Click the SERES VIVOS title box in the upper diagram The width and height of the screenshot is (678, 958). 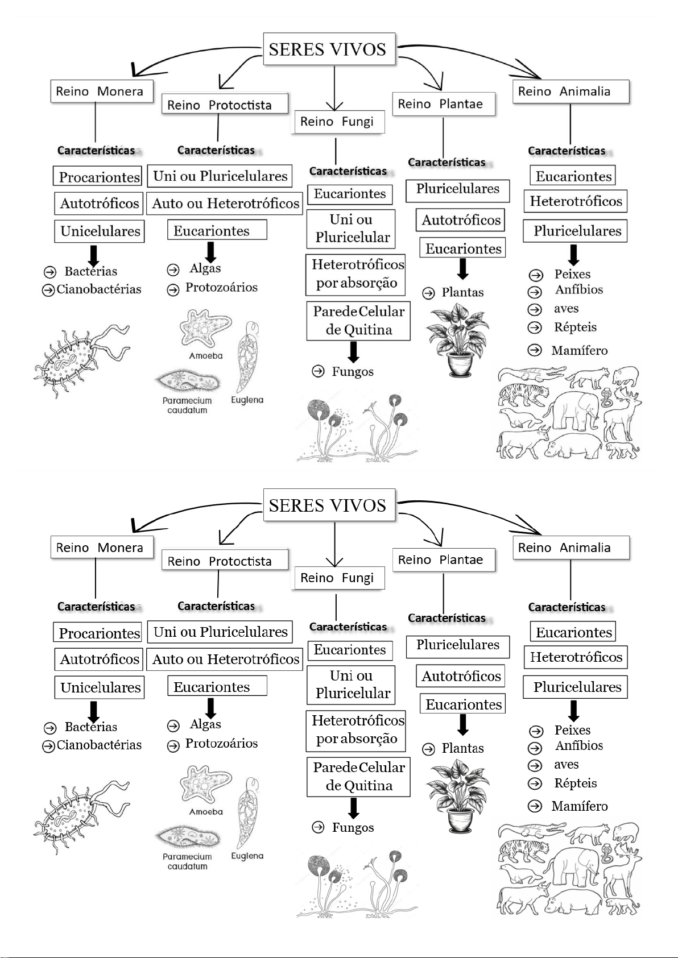pyautogui.click(x=329, y=49)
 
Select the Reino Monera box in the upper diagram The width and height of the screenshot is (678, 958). pyautogui.click(x=102, y=92)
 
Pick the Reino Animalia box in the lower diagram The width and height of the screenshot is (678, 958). pyautogui.click(x=570, y=548)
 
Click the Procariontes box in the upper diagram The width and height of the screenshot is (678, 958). pyautogui.click(x=98, y=177)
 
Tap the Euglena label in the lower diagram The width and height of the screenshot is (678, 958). pyautogui.click(x=247, y=856)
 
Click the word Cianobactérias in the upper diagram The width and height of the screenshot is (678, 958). pyautogui.click(x=99, y=289)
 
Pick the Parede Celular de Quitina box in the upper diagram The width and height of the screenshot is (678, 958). pyautogui.click(x=358, y=321)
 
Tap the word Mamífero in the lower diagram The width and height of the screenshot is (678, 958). pyautogui.click(x=579, y=806)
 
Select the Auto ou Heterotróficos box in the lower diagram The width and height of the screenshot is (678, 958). pyautogui.click(x=225, y=660)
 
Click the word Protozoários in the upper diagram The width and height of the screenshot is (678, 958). pyautogui.click(x=221, y=288)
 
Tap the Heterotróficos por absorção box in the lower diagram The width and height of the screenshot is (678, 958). pyautogui.click(x=357, y=730)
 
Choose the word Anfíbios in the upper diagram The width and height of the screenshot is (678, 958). pyautogui.click(x=579, y=290)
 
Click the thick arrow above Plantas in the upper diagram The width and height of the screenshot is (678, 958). pyautogui.click(x=463, y=269)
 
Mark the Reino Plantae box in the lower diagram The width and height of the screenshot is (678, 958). pyautogui.click(x=444, y=560)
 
